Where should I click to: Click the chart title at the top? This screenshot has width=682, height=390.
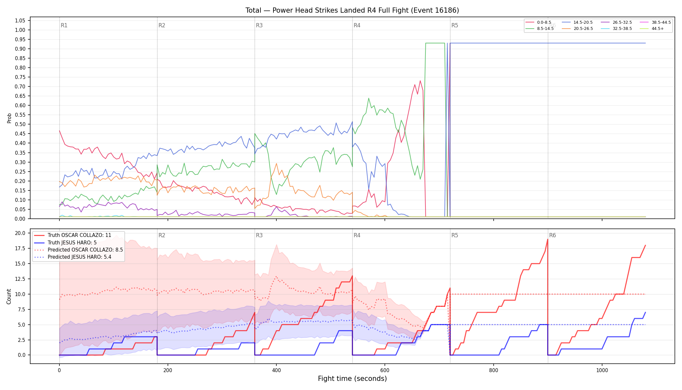coord(352,10)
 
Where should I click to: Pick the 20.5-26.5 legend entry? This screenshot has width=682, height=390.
coord(578,29)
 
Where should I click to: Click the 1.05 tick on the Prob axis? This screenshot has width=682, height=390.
coord(20,20)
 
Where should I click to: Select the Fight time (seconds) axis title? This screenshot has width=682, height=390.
coord(352,379)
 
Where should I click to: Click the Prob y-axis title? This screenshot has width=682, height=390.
coord(9,118)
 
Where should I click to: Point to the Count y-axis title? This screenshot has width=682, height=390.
coord(9,296)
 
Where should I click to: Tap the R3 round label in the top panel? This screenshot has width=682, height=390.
coord(259,25)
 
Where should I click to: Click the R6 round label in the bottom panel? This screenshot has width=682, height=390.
coord(552,235)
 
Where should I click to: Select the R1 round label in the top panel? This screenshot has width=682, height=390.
coord(64,25)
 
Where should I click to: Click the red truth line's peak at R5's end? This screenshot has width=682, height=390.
coord(548,239)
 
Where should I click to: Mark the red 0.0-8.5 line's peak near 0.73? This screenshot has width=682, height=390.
coord(420,81)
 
